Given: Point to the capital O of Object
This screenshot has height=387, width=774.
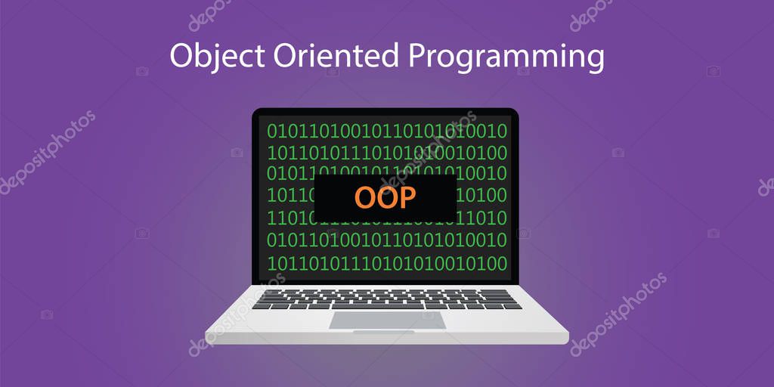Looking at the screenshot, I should pyautogui.click(x=182, y=56).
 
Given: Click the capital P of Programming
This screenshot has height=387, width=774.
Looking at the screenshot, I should pyautogui.click(x=418, y=56).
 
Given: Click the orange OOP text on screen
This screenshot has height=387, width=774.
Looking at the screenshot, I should pyautogui.click(x=385, y=197).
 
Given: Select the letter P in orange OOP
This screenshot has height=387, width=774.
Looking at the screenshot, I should pyautogui.click(x=407, y=197).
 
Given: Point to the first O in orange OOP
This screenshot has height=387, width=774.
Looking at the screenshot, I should pyautogui.click(x=365, y=197).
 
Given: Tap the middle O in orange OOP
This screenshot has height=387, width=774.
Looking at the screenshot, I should pyautogui.click(x=386, y=197).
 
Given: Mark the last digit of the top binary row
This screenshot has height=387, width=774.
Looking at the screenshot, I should pyautogui.click(x=501, y=131).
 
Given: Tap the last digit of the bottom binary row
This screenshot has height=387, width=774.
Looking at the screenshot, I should pyautogui.click(x=501, y=263).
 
